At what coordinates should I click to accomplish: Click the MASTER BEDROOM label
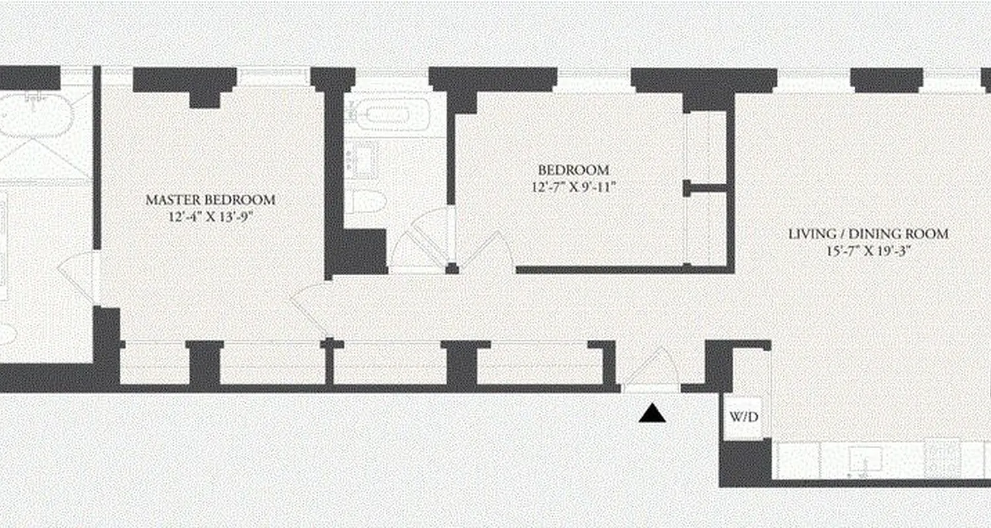click(210, 199)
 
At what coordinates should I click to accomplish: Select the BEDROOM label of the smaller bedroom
click(573, 170)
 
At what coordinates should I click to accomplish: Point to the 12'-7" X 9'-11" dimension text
click(573, 186)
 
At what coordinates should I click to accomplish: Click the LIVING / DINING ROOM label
click(868, 234)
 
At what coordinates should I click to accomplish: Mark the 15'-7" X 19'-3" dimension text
click(868, 251)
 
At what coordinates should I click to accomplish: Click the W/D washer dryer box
click(744, 417)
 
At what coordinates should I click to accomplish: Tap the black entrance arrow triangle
click(653, 414)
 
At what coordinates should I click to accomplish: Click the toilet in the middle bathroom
click(367, 201)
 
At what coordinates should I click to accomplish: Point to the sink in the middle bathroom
click(361, 161)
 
